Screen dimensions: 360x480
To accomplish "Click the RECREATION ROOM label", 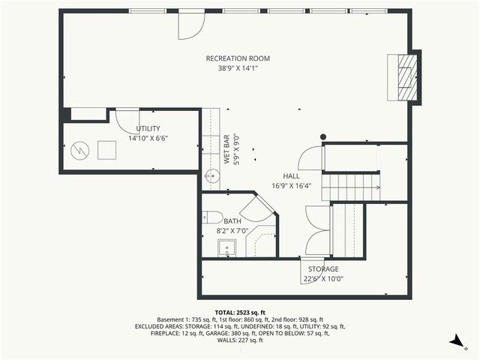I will (x=238, y=58).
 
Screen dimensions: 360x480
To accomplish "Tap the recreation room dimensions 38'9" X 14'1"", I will (x=238, y=68).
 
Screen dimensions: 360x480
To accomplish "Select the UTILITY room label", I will (x=148, y=128).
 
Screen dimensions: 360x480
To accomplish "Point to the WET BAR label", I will (x=226, y=149).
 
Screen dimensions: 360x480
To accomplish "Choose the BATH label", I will (x=232, y=221).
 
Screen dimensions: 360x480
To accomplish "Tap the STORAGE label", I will (x=322, y=269).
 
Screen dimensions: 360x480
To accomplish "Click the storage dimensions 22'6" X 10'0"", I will (x=323, y=279).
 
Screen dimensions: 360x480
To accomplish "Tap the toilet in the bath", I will (x=213, y=217).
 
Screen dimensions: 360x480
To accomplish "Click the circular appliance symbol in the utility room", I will (x=79, y=150).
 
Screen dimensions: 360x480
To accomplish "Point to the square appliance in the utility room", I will (x=107, y=149).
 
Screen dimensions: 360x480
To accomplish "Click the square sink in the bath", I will (x=228, y=248).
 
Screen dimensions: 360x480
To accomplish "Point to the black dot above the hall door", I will (x=323, y=136).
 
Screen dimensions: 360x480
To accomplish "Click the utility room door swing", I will (x=126, y=121).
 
